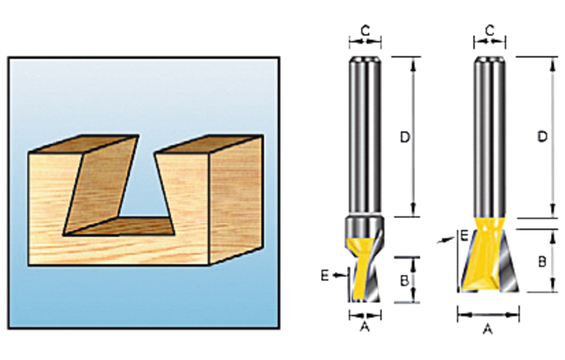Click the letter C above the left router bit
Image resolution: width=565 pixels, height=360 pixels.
coord(365,31)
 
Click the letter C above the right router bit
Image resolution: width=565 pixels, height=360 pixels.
coord(489,31)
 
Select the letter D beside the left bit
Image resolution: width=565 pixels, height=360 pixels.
coord(405,137)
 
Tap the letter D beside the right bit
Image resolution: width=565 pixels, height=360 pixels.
coord(542,136)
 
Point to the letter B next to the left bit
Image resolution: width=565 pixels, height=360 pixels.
coord(404,280)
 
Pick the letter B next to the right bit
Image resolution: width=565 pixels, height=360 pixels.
coord(542,261)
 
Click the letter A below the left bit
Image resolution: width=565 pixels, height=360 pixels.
coord(364,327)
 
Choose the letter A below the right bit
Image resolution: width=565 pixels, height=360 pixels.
coord(488,329)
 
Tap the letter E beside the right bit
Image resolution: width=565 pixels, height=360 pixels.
coord(464,236)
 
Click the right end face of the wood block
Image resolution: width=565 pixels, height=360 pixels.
coord(236,199)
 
